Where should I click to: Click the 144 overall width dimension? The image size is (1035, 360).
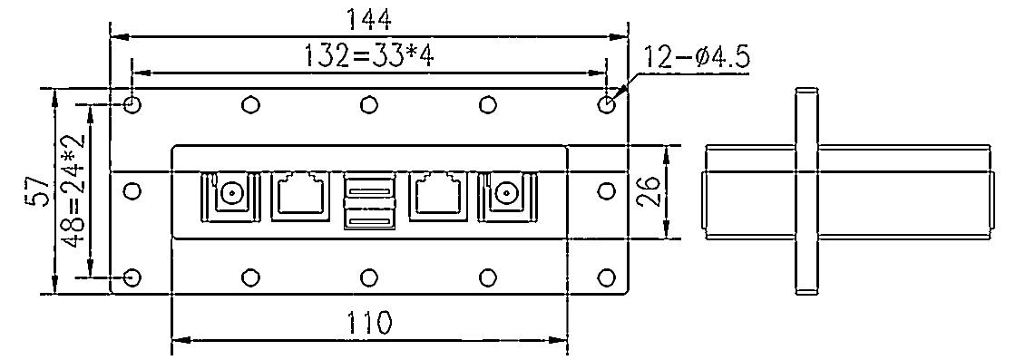(x=368, y=17)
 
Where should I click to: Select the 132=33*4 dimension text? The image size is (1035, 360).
(x=368, y=56)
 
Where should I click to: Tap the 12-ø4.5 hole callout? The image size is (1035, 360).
(x=696, y=58)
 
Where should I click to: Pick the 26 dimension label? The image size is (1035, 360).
(x=648, y=192)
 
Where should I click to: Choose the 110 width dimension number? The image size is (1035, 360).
(x=369, y=323)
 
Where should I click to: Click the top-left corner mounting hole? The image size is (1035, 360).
(x=132, y=104)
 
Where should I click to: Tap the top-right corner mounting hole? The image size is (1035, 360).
(x=607, y=104)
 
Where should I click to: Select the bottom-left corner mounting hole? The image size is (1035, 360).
(x=132, y=277)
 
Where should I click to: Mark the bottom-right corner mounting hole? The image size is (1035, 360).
(x=607, y=277)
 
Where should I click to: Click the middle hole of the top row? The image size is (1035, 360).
(x=369, y=104)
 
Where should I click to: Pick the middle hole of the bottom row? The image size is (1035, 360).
(x=369, y=277)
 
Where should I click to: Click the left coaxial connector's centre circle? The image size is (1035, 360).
(x=232, y=193)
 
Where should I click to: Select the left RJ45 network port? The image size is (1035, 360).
(x=300, y=194)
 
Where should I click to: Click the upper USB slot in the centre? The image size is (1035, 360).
(x=369, y=190)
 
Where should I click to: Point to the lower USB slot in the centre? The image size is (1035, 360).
(x=369, y=221)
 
